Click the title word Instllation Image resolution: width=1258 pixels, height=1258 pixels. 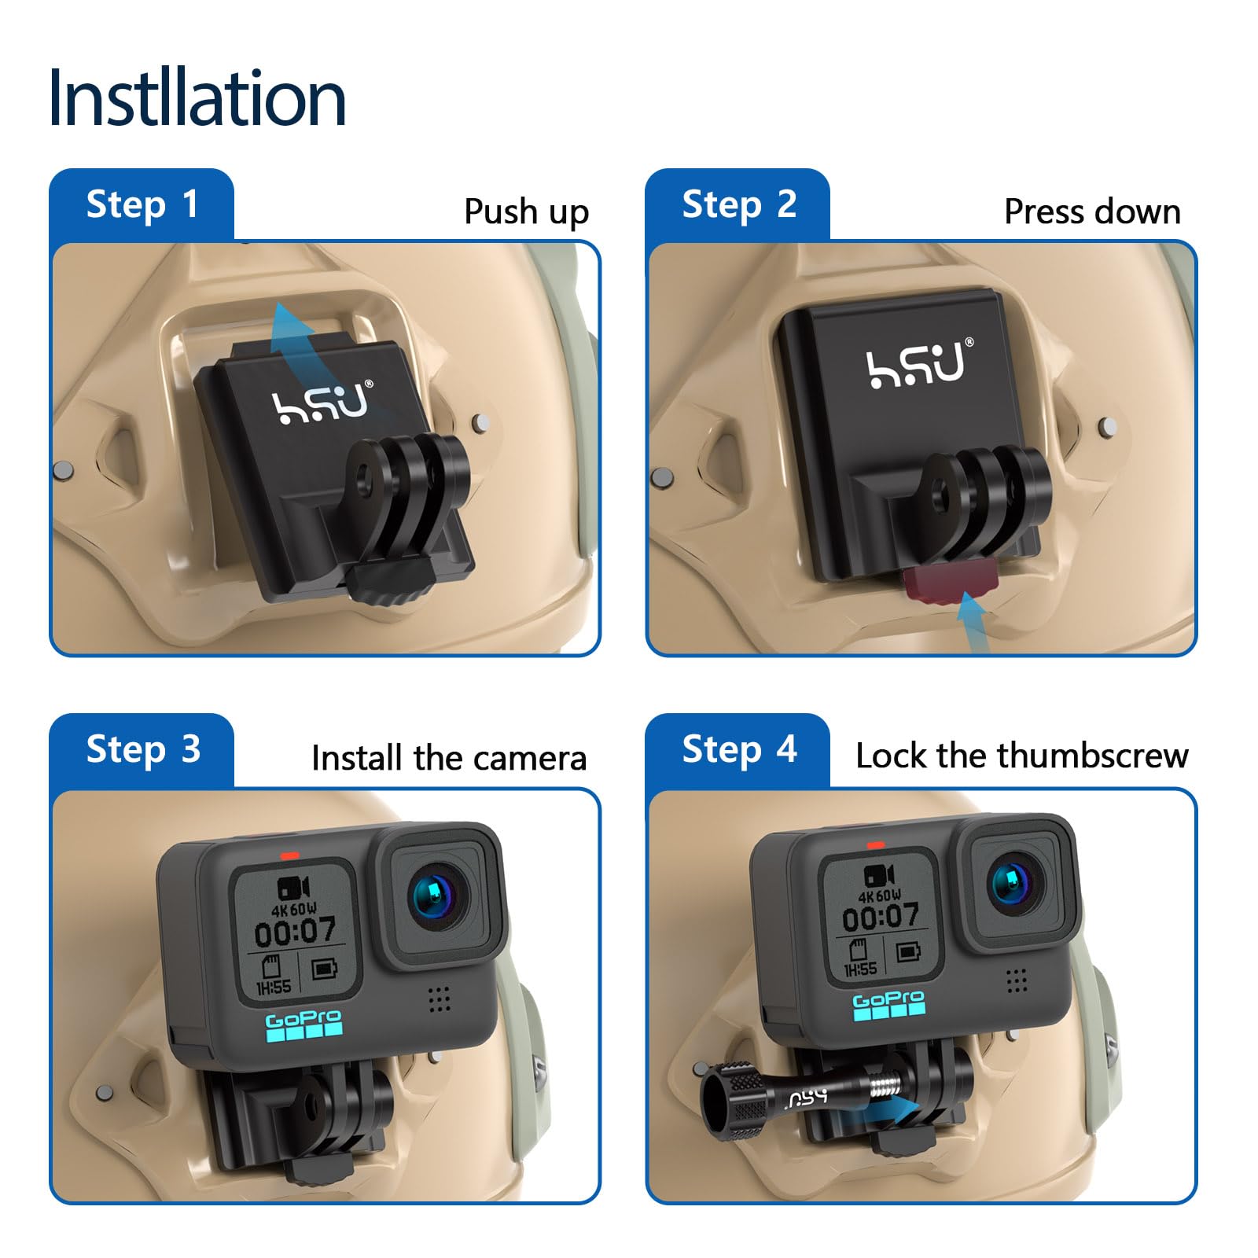coord(197,98)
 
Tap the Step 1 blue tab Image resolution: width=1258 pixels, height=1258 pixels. coord(142,204)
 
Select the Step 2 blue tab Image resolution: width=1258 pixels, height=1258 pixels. coord(738,204)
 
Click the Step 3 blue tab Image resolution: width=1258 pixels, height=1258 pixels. coord(142,749)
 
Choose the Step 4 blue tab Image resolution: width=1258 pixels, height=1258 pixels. coord(738,749)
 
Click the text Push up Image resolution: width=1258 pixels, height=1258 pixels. coord(525,212)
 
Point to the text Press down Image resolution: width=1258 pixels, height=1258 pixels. coord(1091,212)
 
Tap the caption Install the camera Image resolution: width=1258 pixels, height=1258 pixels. coord(448,758)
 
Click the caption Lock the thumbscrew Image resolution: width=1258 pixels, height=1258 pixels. coord(1021,756)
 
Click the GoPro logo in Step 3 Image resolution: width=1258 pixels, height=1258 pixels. coord(303,1026)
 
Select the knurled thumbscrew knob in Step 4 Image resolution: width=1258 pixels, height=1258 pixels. coord(732,1098)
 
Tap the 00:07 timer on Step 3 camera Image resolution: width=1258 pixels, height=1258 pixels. coord(295,932)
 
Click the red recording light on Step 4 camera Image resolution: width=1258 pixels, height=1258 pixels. coord(875,845)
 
